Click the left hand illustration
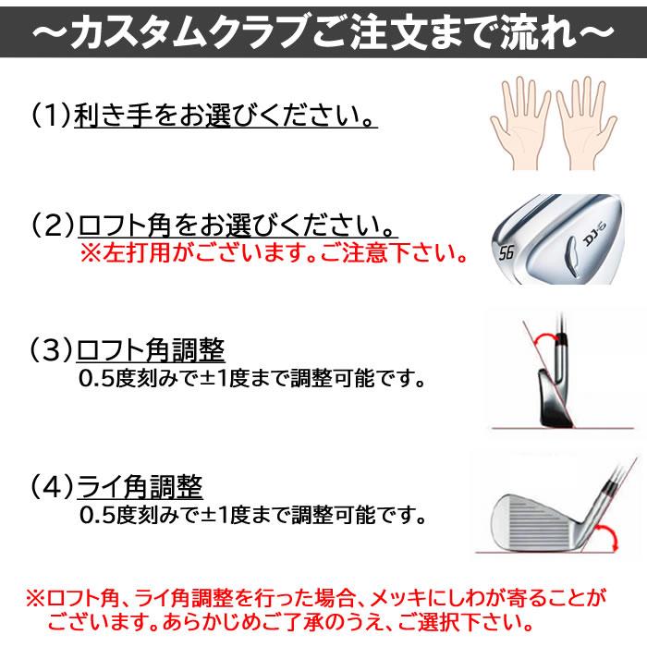point(520,123)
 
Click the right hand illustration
point(586,123)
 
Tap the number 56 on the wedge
point(506,252)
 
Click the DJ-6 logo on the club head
point(593,234)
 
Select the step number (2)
point(53,226)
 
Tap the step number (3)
point(51,350)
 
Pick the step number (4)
point(53,487)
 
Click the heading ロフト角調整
point(151,350)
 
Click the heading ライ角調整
point(140,487)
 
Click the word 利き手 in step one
point(113,115)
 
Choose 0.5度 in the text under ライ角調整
point(107,515)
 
